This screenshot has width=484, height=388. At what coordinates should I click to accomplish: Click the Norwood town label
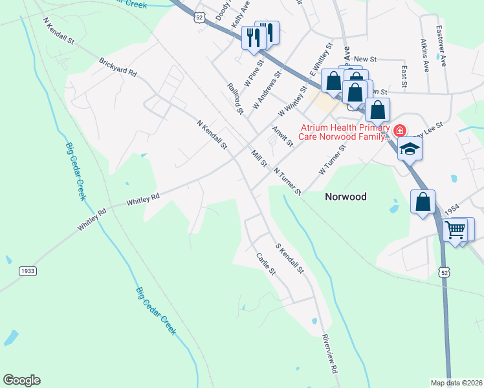345,197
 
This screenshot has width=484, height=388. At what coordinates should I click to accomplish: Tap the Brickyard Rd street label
118,67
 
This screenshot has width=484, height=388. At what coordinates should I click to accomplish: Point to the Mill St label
259,158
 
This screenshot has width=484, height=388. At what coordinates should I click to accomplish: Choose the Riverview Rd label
329,355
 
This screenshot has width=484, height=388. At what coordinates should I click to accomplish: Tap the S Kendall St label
289,258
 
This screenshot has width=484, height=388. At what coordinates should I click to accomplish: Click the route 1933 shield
27,270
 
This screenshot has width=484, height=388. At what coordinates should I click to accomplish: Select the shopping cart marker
456,229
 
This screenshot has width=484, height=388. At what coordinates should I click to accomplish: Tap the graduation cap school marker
409,148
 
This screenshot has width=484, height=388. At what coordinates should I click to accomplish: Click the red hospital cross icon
400,130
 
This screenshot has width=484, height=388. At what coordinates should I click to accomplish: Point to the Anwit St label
283,137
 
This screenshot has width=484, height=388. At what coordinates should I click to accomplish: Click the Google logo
21,380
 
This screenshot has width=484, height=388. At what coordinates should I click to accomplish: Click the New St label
365,59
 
